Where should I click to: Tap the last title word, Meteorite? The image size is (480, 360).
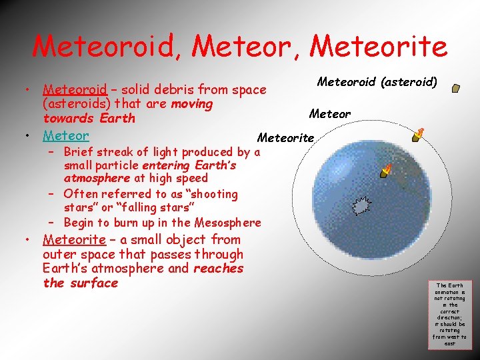(379, 47)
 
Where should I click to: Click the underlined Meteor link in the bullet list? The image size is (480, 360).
(66, 135)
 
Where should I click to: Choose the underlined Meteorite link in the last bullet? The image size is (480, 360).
(74, 239)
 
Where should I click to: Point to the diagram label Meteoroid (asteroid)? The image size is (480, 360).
(377, 82)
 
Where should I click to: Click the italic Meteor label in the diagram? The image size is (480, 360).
(330, 114)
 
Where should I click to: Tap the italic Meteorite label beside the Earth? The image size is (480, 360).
(285, 138)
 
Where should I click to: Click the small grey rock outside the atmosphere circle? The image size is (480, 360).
(455, 87)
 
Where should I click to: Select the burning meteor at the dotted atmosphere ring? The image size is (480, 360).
(418, 135)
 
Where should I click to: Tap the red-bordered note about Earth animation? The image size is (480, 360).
(450, 313)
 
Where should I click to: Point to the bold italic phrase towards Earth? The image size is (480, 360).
(89, 119)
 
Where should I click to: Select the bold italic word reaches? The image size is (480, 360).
(218, 269)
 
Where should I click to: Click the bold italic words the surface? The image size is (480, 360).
(80, 283)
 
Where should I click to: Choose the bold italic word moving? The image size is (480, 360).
(192, 104)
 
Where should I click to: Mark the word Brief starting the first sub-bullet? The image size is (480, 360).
(80, 151)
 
